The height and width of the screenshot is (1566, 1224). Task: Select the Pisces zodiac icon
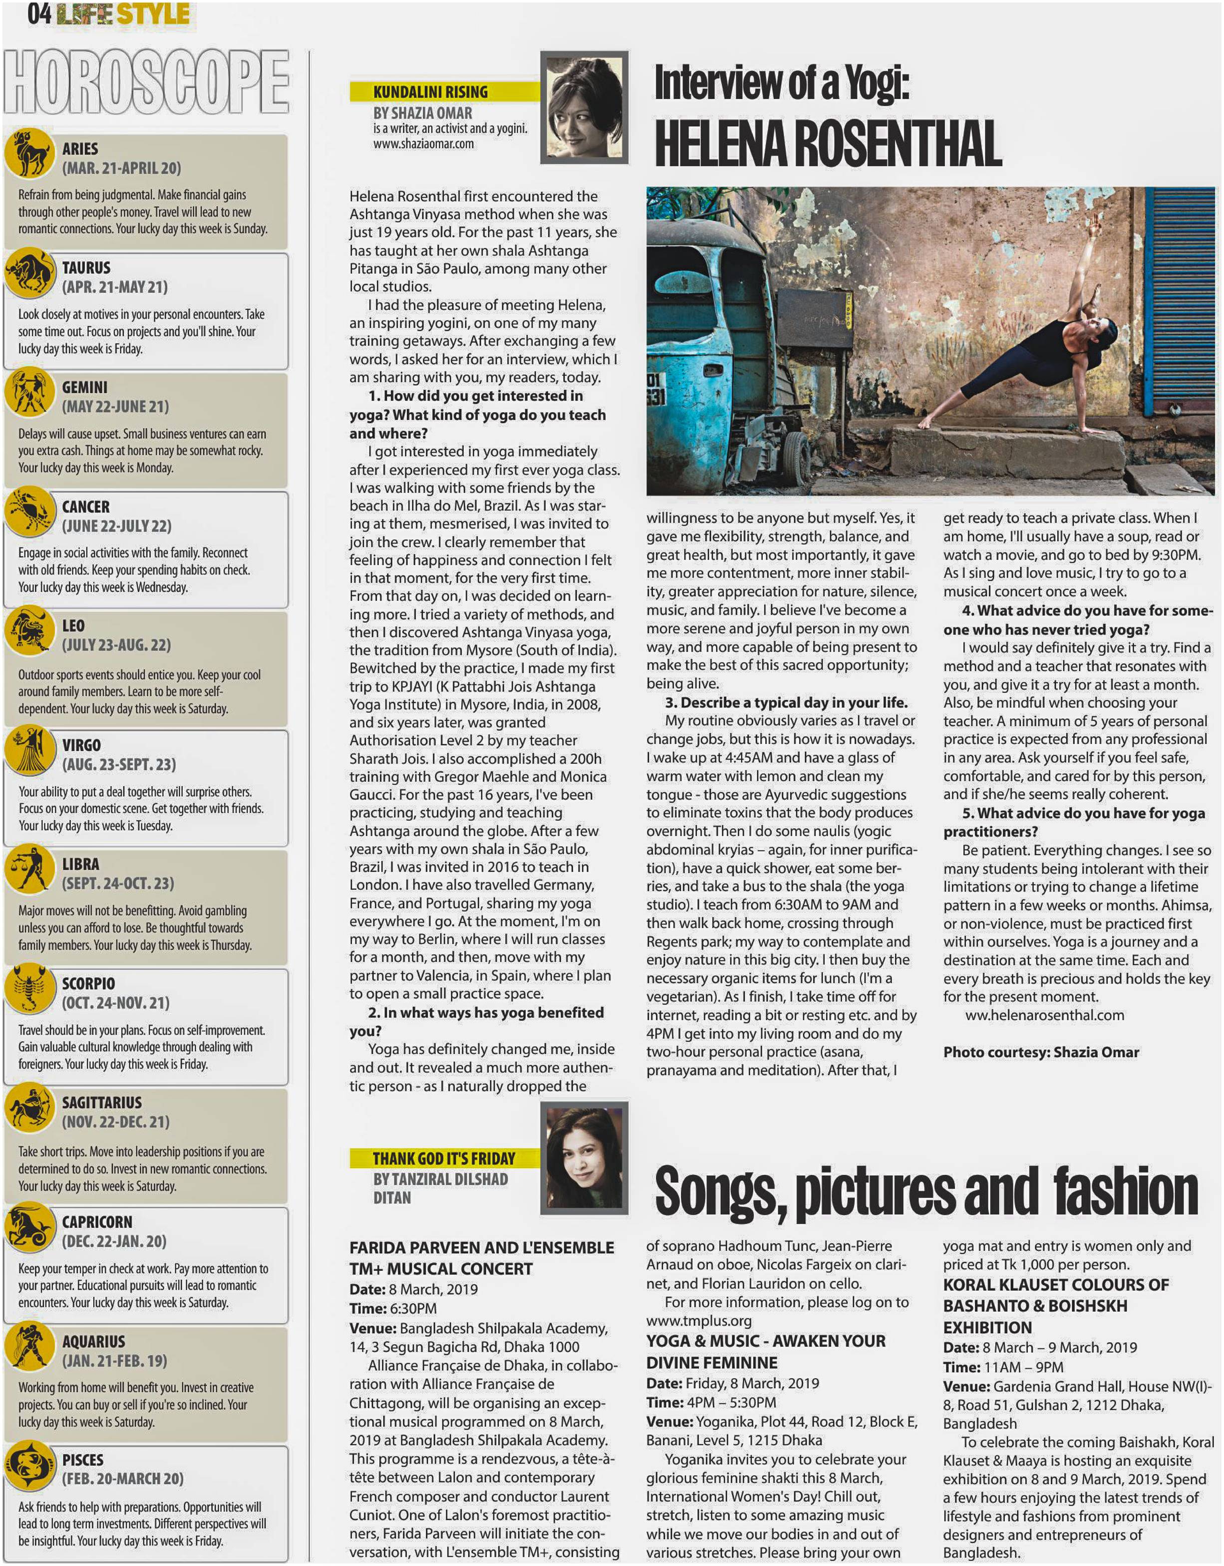(x=29, y=1465)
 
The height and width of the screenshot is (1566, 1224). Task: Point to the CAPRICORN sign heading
(x=97, y=1222)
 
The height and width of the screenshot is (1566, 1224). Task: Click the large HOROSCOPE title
(x=146, y=82)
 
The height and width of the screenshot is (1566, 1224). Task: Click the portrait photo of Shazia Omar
(x=584, y=107)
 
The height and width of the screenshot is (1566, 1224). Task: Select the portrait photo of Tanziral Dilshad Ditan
(x=584, y=1157)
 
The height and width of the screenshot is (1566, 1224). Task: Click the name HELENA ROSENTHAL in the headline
(x=828, y=143)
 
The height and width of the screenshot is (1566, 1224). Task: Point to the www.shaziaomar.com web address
(x=423, y=143)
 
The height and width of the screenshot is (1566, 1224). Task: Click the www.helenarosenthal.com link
(x=1044, y=1016)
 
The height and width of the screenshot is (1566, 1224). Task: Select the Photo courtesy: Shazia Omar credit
(x=1040, y=1052)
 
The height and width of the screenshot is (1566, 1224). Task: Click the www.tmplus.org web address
(x=699, y=1320)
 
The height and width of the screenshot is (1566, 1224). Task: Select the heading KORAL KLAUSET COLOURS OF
(x=1056, y=1284)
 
